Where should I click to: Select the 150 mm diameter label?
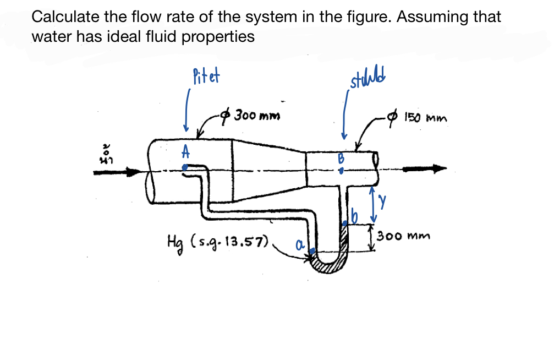[x=425, y=118]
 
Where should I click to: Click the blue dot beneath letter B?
[x=341, y=171]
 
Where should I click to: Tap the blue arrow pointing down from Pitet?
[x=188, y=113]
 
